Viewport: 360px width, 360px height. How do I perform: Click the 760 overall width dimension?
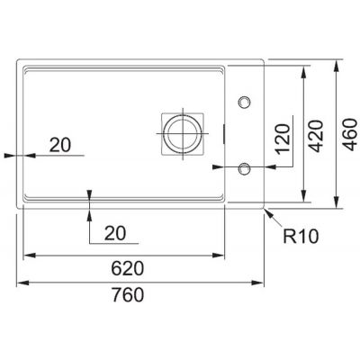(x=128, y=294)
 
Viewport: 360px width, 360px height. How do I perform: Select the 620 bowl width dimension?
(x=128, y=268)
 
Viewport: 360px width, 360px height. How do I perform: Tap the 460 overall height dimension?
(x=350, y=134)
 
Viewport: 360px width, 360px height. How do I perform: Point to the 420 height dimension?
(x=317, y=136)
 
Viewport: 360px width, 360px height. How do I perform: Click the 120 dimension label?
(x=283, y=139)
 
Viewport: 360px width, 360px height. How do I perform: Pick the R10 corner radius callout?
(x=301, y=237)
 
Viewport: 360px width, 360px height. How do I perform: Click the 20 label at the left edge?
(x=60, y=145)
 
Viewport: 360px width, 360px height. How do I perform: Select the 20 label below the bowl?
(x=115, y=233)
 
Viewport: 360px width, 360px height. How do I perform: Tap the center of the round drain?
(x=183, y=133)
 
